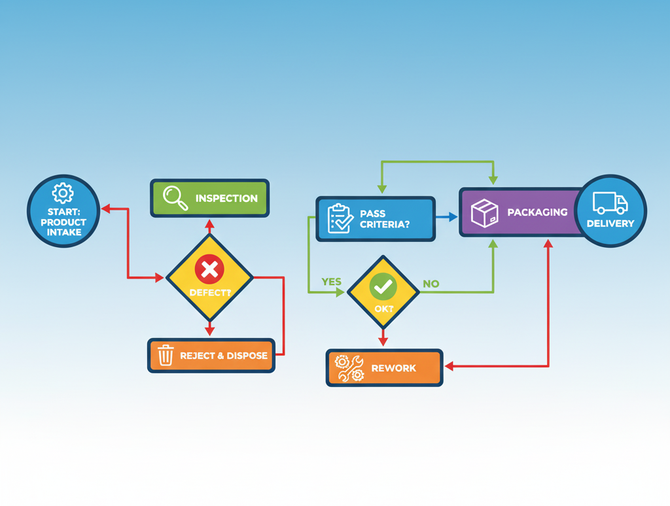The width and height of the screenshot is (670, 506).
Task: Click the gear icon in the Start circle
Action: click(63, 193)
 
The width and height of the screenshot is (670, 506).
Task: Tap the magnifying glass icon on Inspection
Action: click(175, 197)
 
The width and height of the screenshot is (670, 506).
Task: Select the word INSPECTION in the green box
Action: click(226, 198)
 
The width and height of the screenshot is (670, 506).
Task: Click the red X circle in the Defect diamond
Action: click(209, 269)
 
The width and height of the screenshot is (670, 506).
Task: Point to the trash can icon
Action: click(166, 355)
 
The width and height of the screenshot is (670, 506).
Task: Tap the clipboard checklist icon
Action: click(340, 218)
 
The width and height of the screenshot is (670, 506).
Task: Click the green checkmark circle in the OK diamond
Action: click(383, 286)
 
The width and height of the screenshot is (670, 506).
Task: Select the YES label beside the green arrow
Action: click(332, 282)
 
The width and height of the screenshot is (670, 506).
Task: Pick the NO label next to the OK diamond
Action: click(431, 284)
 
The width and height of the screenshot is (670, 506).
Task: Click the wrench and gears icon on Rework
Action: click(349, 368)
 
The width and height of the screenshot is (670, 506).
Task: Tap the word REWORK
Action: click(393, 368)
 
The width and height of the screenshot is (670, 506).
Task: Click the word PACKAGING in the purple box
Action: click(537, 212)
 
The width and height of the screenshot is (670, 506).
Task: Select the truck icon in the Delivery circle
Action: click(610, 203)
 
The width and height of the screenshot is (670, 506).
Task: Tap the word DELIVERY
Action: click(610, 224)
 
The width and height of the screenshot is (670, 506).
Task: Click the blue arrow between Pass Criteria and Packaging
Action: click(447, 216)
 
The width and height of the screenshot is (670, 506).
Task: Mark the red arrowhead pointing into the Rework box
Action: click(449, 367)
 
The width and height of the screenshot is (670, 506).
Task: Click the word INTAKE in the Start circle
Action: click(63, 231)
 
